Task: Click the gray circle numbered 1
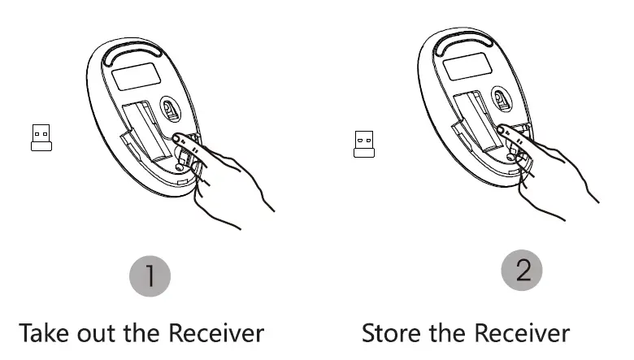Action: pyautogui.click(x=150, y=278)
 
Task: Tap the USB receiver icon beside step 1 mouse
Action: pyautogui.click(x=41, y=137)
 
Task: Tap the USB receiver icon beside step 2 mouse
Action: pyautogui.click(x=364, y=143)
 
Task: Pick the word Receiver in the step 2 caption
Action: pyautogui.click(x=524, y=333)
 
